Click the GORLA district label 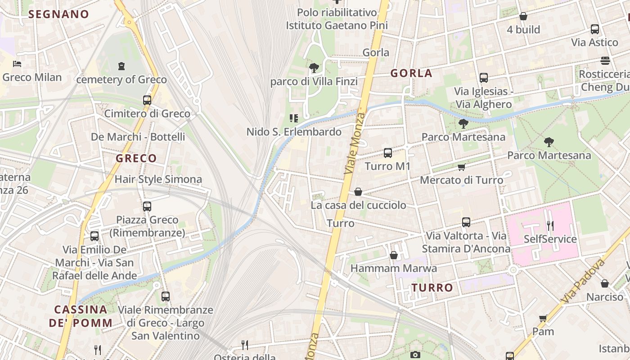[x=411, y=73]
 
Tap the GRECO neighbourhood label [x=136, y=158]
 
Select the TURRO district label [x=432, y=288]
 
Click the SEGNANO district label [x=58, y=14]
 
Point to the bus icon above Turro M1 [x=388, y=153]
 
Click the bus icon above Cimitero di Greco [x=147, y=100]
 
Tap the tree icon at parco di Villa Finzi [x=314, y=68]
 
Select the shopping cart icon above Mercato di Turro [x=461, y=167]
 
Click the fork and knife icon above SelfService [x=550, y=225]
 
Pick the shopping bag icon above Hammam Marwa [x=394, y=256]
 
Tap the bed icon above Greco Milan [x=17, y=64]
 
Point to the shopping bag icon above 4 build [x=523, y=17]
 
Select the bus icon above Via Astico [x=595, y=29]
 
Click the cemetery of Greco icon [x=121, y=67]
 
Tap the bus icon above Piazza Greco [x=147, y=207]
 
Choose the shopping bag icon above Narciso [x=605, y=284]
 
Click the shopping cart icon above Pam [x=543, y=319]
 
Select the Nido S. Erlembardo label [x=294, y=132]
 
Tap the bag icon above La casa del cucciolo [x=358, y=192]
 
